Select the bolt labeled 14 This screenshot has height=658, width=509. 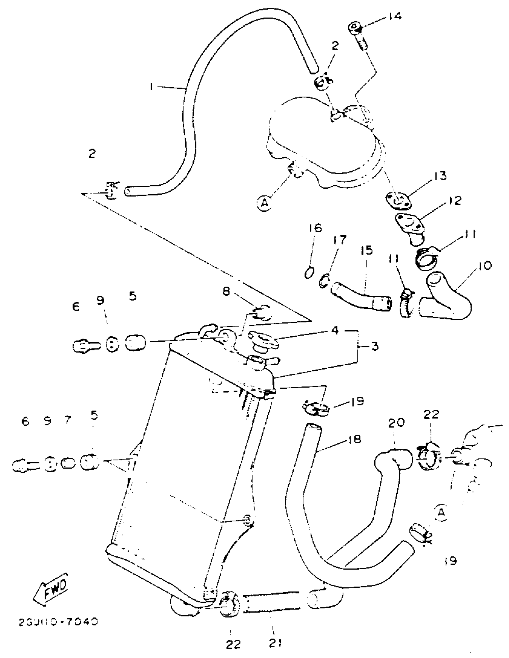tap(358, 36)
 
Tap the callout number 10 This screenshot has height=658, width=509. tap(484, 265)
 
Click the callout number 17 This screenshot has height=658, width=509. tap(340, 240)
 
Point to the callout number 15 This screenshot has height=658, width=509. tap(366, 250)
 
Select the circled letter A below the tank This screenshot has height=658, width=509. tap(264, 204)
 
